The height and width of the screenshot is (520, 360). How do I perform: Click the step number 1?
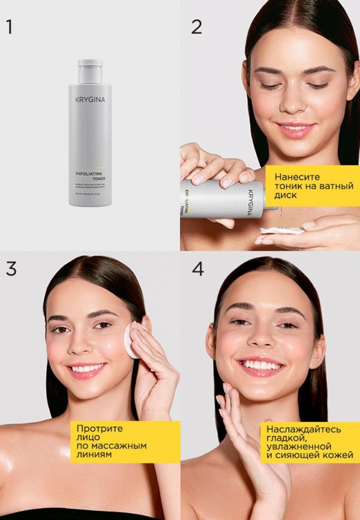tap(9, 27)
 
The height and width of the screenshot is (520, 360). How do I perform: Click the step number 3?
tap(11, 268)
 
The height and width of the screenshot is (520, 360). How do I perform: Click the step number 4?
tap(197, 268)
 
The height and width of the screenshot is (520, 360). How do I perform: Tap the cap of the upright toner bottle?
tap(90, 62)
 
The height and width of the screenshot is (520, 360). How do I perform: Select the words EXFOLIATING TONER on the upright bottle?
tap(89, 175)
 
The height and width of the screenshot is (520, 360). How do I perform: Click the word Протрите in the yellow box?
tap(99, 429)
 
